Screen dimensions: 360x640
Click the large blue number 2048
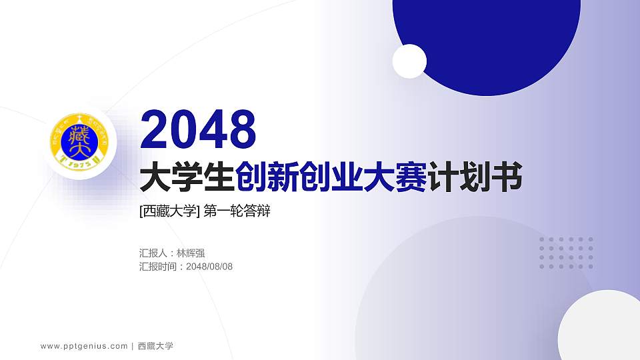(199, 129)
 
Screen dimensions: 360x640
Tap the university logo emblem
(80, 142)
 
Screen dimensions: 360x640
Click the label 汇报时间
(159, 267)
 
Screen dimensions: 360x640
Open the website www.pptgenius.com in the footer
(84, 346)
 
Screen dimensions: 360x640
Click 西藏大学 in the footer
(155, 346)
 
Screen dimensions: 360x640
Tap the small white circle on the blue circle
(409, 61)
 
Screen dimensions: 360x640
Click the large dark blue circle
(487, 33)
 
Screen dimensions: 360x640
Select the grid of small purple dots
(566, 253)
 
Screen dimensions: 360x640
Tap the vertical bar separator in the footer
(133, 346)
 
